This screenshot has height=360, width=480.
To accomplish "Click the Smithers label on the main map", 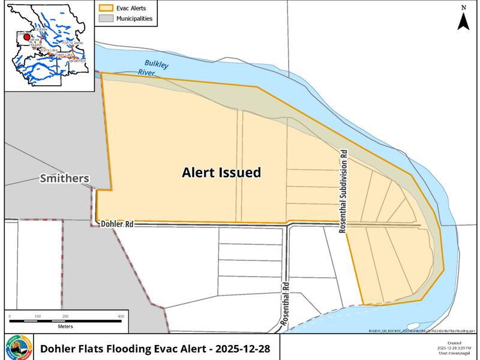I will coord(64,178).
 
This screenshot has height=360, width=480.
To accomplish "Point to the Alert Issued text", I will coord(221,173).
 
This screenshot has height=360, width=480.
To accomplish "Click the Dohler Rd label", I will coord(116,223).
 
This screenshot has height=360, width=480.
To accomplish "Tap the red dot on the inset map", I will coord(26,37).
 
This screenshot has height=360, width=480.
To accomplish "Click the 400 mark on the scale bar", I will coord(121,316).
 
